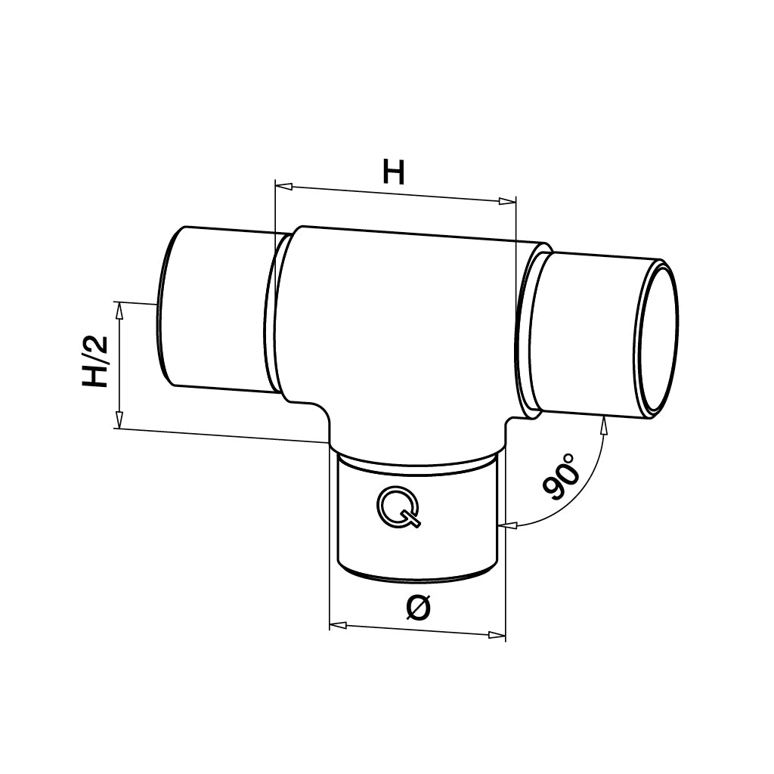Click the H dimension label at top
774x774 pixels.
pos(393,173)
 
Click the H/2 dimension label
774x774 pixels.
pos(97,364)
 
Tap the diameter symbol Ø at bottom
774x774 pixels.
pos(420,608)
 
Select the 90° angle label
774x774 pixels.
pos(560,478)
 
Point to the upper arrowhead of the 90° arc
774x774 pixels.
pos(603,424)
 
